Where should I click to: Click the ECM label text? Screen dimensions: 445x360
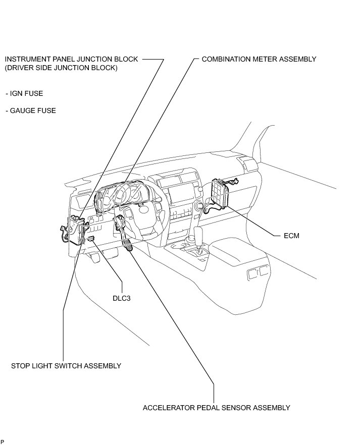pos(292,236)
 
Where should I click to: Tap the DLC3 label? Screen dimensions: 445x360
pos(122,297)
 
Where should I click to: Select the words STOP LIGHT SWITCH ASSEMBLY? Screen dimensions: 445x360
pos(66,366)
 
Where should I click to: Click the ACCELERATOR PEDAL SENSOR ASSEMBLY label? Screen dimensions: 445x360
pos(216,408)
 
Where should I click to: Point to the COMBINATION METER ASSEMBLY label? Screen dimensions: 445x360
pos(259,59)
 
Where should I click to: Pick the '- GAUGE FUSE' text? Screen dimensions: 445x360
pos(31,110)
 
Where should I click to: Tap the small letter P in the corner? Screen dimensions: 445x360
pos(3,442)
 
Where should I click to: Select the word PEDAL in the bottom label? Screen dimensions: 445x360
pos(205,408)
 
